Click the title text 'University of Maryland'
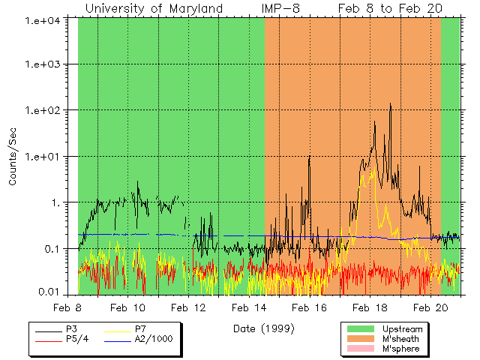(x=154, y=8)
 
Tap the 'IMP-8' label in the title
(x=281, y=8)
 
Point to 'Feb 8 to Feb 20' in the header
(x=390, y=8)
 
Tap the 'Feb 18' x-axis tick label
(x=370, y=307)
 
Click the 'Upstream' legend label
(x=402, y=329)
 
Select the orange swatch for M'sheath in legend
(x=361, y=339)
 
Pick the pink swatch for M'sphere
(x=361, y=349)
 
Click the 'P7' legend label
(x=140, y=329)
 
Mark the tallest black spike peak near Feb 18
(x=391, y=104)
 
